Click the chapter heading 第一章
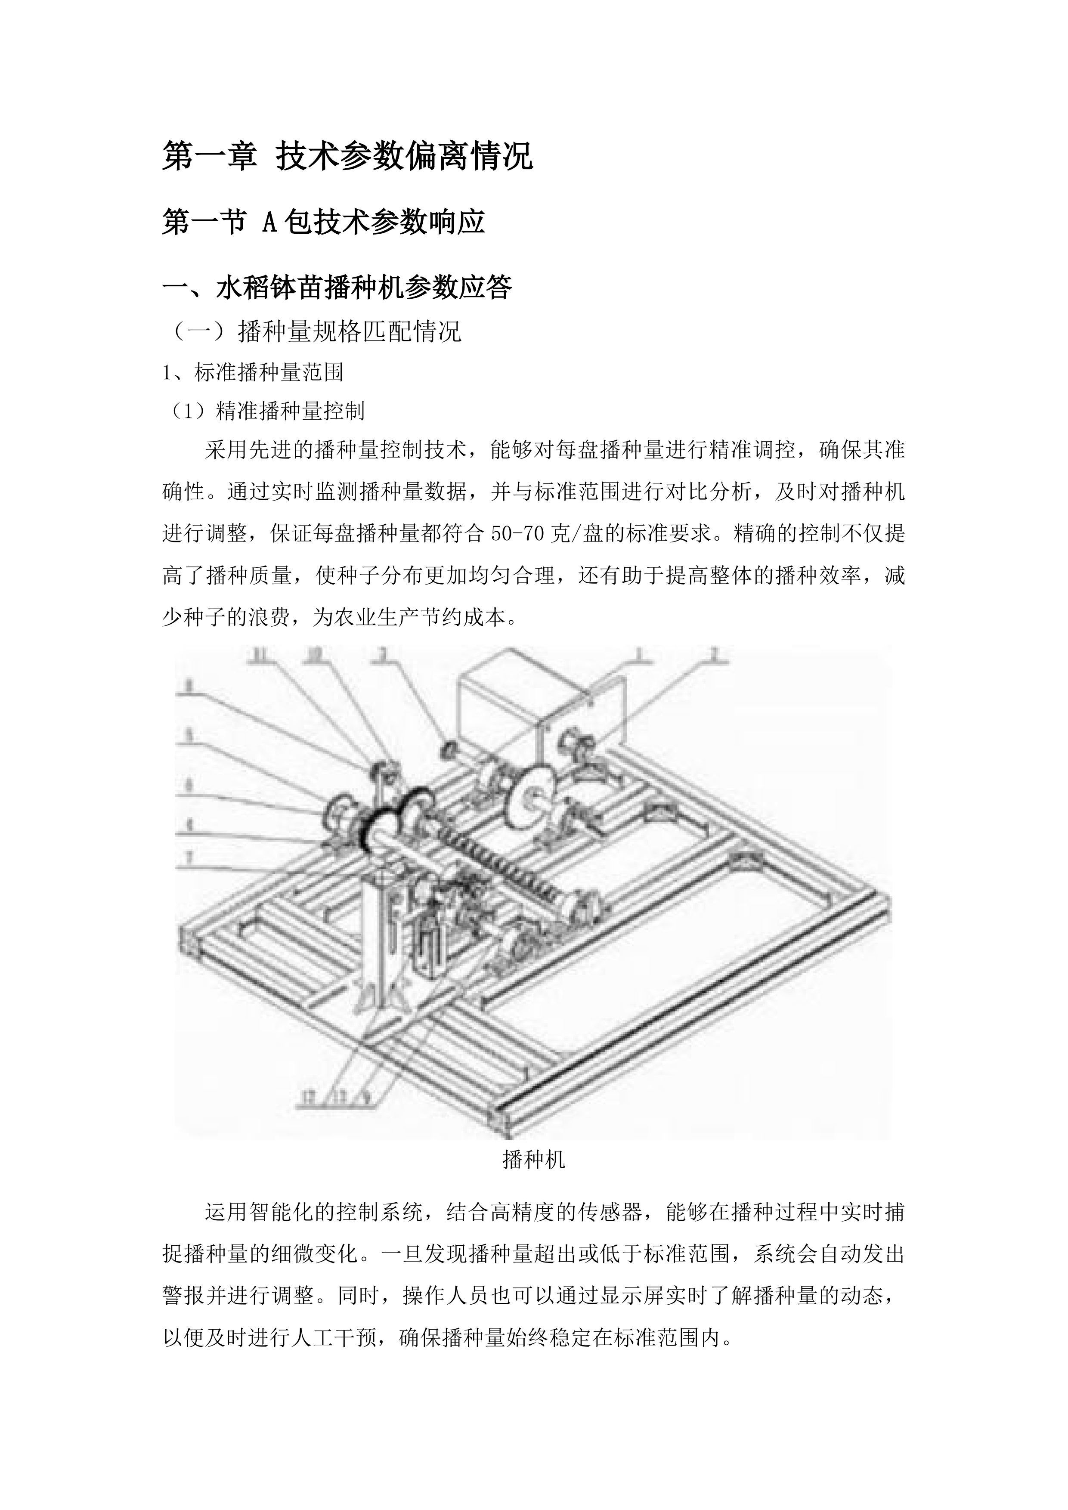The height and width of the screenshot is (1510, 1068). (209, 157)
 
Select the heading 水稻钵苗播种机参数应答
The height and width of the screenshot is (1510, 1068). (364, 288)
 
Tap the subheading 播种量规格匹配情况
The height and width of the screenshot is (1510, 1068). (350, 331)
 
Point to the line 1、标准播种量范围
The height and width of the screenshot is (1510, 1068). (253, 372)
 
